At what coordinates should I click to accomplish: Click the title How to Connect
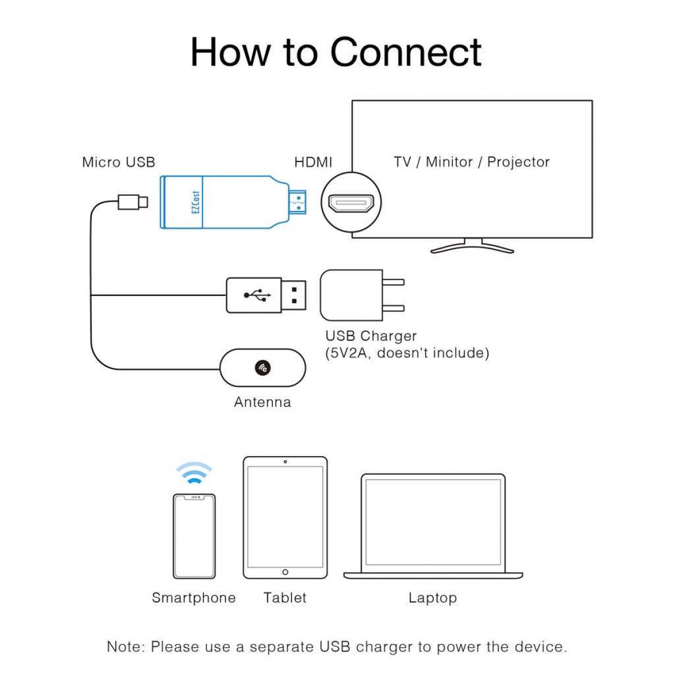[336, 52]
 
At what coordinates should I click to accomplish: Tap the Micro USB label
[119, 162]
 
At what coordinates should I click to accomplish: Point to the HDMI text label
[313, 162]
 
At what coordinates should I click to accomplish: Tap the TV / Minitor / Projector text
[471, 162]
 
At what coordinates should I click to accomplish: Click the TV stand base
[472, 248]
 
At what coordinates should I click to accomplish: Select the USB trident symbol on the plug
[257, 295]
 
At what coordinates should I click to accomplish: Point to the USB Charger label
[371, 336]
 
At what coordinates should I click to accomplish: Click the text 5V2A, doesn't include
[407, 353]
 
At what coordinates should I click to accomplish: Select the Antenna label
[262, 402]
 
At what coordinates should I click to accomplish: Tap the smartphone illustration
[194, 536]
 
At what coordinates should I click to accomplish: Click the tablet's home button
[285, 572]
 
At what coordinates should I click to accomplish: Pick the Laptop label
[432, 598]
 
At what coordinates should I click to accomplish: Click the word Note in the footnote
[125, 647]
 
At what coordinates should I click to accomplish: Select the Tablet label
[285, 598]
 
